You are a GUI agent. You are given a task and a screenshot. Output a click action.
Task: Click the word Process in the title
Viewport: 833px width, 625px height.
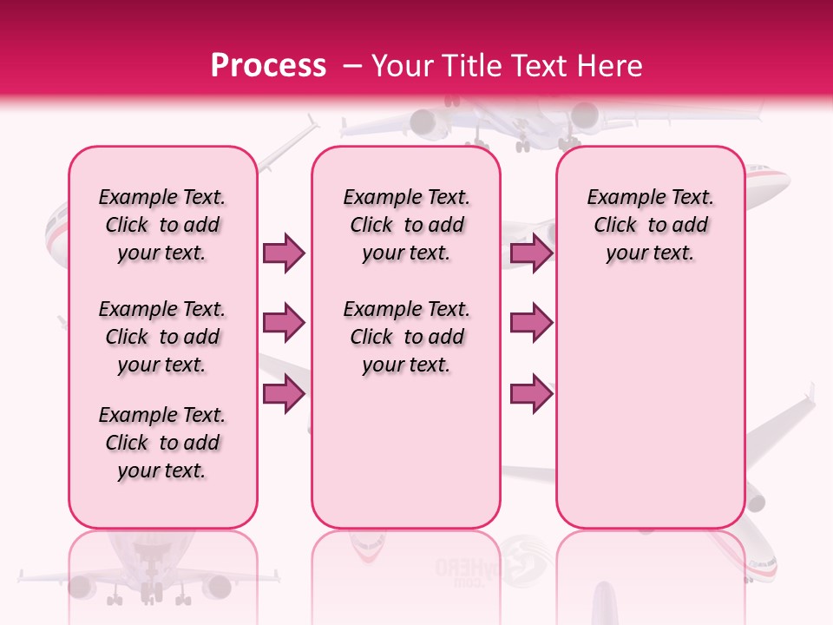(x=268, y=65)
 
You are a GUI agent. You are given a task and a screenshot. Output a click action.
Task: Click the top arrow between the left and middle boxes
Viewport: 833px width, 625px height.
(x=284, y=253)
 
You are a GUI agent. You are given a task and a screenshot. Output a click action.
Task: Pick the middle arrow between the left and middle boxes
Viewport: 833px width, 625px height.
(x=284, y=323)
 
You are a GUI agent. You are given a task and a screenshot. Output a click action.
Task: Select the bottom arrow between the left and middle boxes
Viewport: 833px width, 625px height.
(x=284, y=393)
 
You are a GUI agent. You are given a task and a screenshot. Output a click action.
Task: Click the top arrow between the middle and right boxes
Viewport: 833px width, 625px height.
(x=531, y=253)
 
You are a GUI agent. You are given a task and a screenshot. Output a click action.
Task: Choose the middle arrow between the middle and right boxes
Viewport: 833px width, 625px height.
(x=531, y=323)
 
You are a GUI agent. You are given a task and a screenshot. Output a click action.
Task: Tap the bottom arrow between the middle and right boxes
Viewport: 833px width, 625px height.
(x=531, y=393)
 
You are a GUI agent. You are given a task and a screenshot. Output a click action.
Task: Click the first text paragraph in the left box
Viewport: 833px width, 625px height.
(x=162, y=225)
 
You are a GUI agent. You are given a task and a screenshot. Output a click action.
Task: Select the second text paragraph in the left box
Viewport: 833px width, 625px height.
(x=162, y=337)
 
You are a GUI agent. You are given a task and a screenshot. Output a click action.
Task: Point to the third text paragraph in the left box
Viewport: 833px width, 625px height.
(x=162, y=443)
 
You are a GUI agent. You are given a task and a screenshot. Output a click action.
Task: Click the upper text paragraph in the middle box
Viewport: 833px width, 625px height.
(x=406, y=225)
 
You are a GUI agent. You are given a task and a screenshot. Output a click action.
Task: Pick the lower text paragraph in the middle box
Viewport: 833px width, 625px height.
(x=406, y=337)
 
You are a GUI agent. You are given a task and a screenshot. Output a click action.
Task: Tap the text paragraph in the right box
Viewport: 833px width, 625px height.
(x=651, y=225)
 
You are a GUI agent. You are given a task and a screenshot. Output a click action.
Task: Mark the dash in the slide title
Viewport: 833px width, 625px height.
(x=351, y=66)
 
